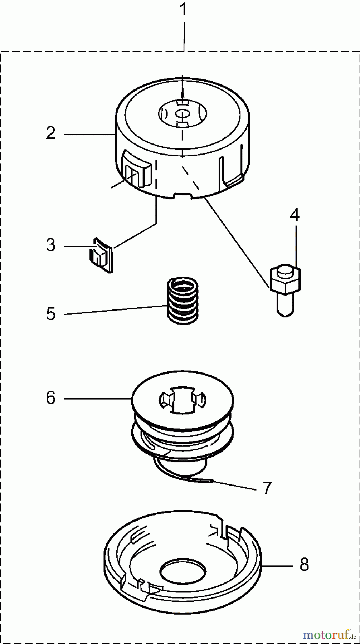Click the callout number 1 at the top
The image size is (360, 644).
183,10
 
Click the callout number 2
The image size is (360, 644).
51,133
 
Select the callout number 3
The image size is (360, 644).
51,246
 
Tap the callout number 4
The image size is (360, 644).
295,215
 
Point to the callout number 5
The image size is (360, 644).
51,314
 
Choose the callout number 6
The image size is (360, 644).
51,398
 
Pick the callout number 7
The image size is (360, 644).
267,488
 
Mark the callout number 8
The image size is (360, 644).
304,565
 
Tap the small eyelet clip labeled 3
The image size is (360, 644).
101,255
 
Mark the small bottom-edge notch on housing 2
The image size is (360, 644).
182,195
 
